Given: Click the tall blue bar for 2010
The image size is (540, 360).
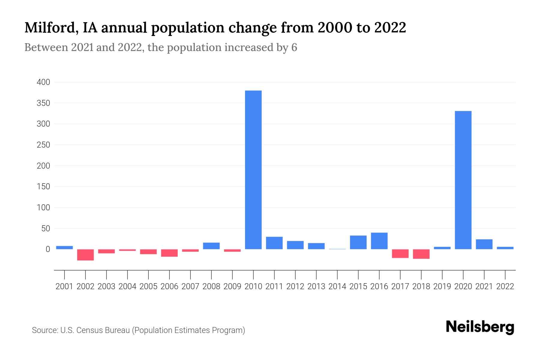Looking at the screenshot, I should (x=253, y=169).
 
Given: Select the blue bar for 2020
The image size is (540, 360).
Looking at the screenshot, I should (x=463, y=180).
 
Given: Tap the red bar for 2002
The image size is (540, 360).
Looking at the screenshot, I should (x=85, y=255).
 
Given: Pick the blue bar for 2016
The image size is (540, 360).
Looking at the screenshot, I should (x=379, y=241).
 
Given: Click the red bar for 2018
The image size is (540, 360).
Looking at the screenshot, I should (x=421, y=254).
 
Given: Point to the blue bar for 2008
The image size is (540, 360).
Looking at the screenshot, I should (x=211, y=246).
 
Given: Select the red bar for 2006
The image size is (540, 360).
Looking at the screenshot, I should (x=169, y=253).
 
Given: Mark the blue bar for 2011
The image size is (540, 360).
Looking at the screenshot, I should (x=274, y=243).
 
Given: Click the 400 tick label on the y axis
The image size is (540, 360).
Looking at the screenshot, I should (x=43, y=82).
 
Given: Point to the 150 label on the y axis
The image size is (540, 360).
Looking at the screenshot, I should (x=43, y=187).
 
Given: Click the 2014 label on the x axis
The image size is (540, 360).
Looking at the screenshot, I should (x=337, y=286).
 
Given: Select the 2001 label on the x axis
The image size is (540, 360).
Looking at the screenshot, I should (x=64, y=286).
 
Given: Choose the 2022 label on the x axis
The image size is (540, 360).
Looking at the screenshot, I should (x=505, y=286).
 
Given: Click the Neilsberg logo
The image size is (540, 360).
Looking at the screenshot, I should (x=480, y=327).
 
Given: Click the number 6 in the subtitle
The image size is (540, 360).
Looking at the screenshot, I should (x=294, y=48).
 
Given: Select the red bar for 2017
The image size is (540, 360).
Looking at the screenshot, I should (x=400, y=253).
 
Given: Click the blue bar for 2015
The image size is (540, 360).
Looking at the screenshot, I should (x=358, y=242).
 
